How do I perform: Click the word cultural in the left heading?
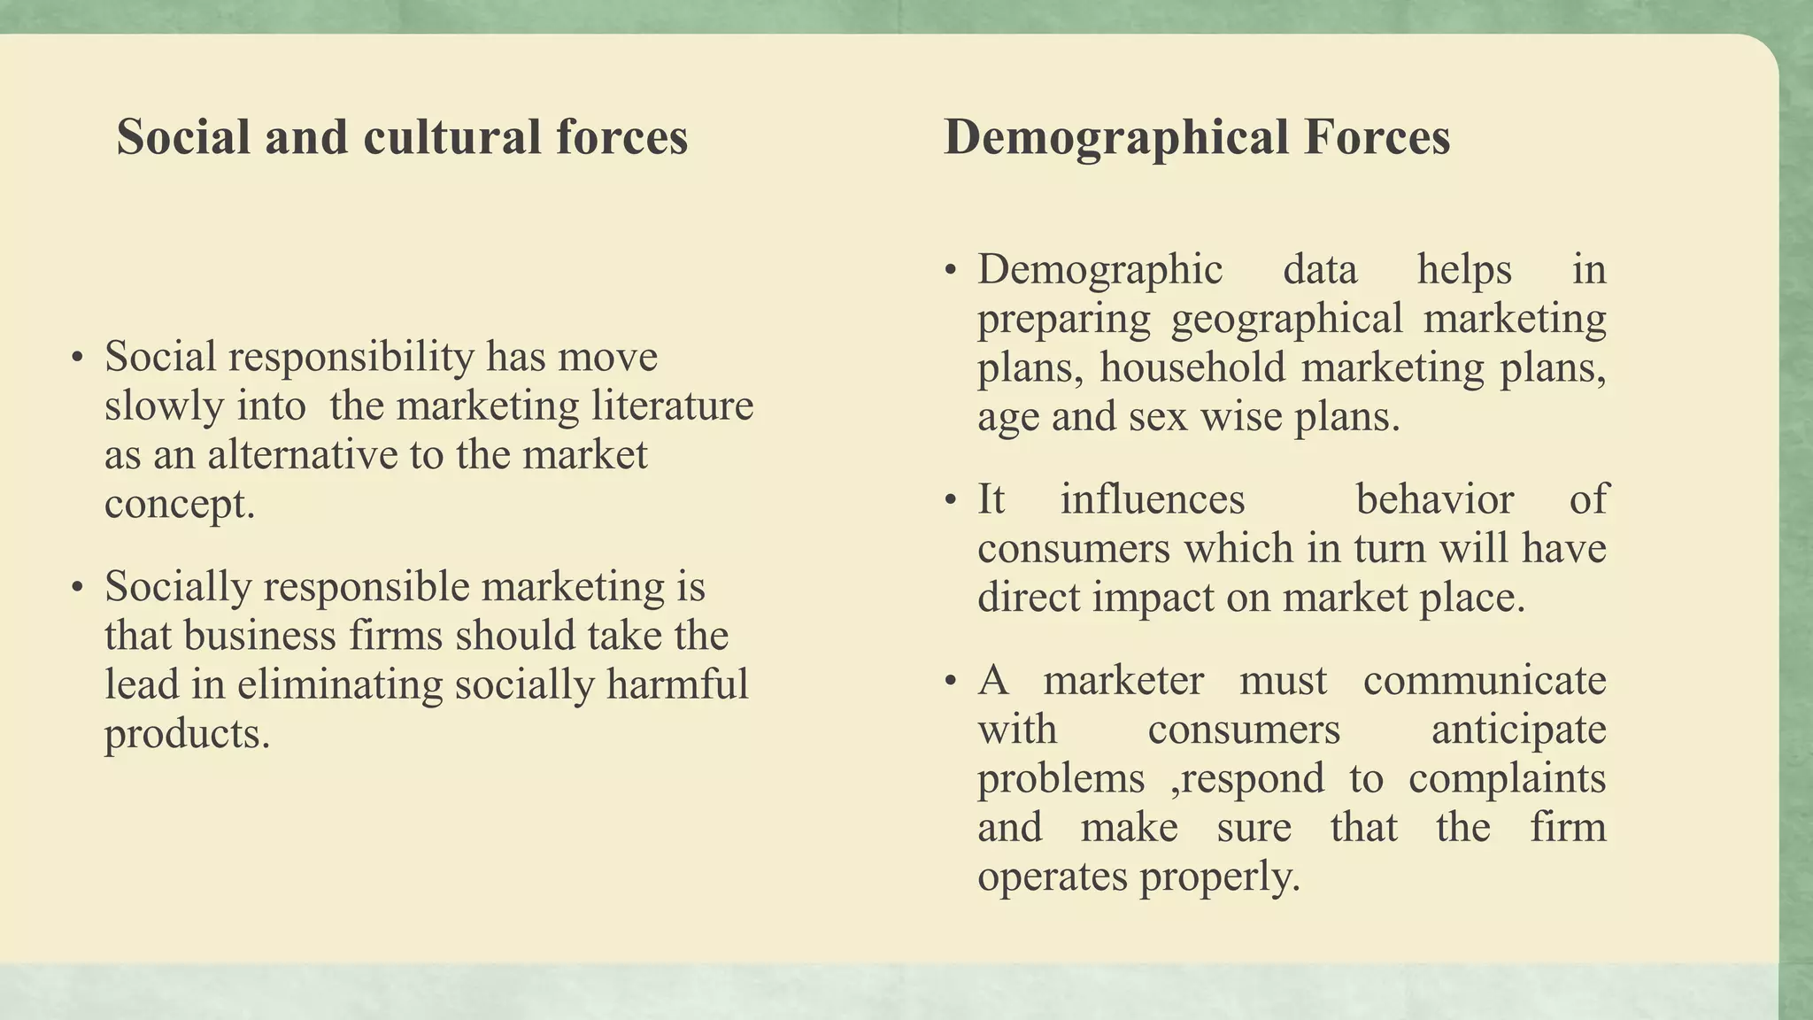451,137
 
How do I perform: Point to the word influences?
1153,499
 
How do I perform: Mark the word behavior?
1434,499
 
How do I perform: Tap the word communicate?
1485,681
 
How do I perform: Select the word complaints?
1507,779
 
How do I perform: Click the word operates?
1053,877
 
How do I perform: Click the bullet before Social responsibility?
78,359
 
